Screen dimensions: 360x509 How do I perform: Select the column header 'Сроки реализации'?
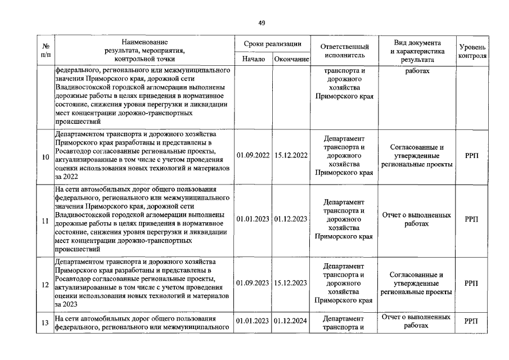click(x=272, y=44)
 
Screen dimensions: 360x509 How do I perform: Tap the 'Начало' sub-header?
click(x=253, y=58)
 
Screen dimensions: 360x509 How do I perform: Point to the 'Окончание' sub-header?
click(x=291, y=58)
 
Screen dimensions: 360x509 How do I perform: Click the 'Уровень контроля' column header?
click(x=472, y=52)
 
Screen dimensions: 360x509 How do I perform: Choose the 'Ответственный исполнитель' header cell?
click(x=344, y=51)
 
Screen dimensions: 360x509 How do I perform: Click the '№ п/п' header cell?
click(x=46, y=51)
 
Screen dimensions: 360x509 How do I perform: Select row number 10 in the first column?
click(x=46, y=156)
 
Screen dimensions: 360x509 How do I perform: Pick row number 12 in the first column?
click(x=46, y=284)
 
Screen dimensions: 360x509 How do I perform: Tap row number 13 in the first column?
click(x=46, y=322)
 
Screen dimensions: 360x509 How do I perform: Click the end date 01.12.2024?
click(x=291, y=322)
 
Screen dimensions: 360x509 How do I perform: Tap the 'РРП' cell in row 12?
click(x=472, y=284)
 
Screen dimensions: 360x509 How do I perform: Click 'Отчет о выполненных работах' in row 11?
click(x=416, y=219)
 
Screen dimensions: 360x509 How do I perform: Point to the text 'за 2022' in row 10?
click(x=66, y=176)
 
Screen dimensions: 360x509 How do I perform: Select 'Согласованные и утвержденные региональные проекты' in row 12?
click(x=416, y=283)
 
